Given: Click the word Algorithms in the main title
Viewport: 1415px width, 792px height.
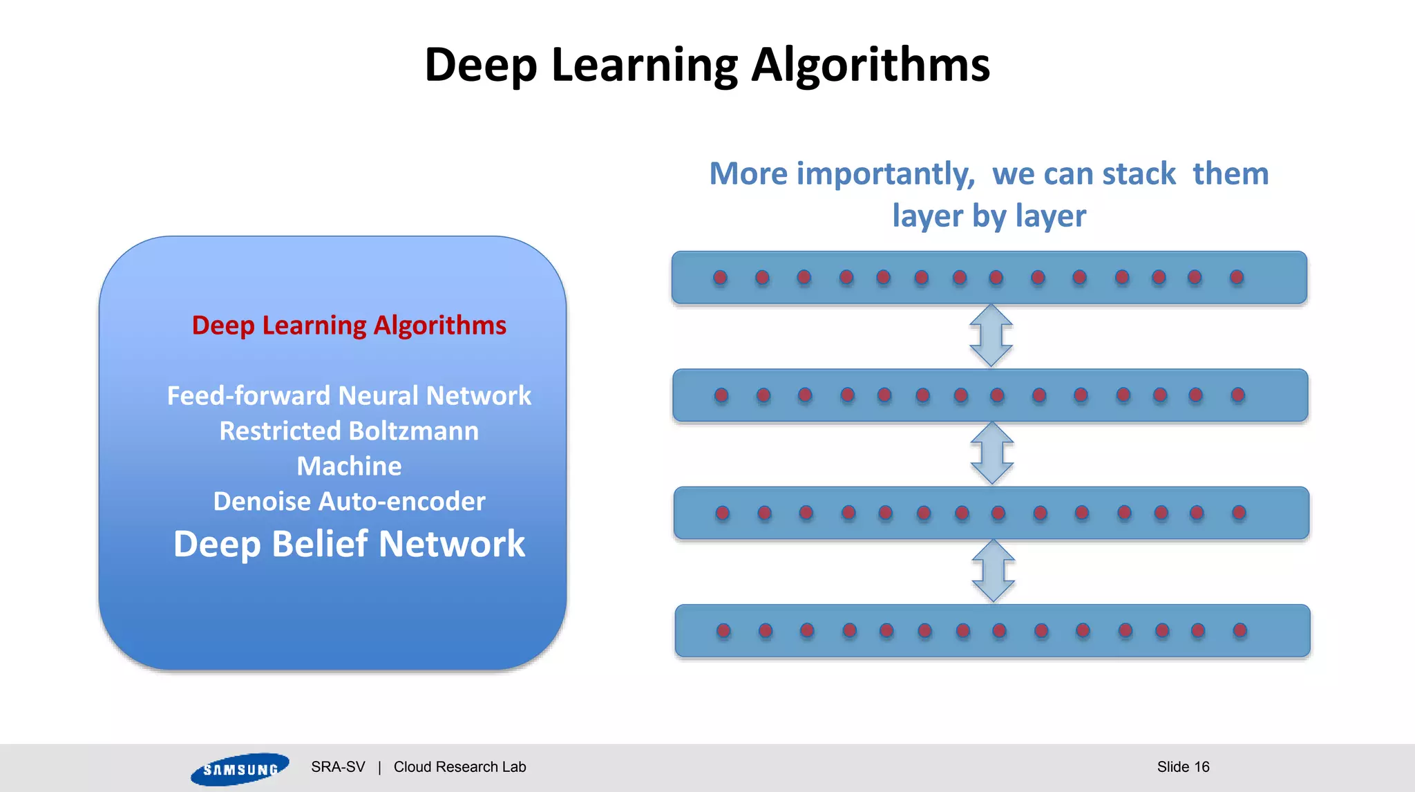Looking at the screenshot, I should tap(871, 66).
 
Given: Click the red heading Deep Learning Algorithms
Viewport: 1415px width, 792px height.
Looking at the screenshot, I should tap(349, 326).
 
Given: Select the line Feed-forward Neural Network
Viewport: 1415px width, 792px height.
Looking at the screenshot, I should tap(349, 396).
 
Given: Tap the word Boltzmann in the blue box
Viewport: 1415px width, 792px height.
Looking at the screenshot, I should tap(413, 431).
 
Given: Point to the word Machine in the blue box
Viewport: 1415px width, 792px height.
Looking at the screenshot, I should tap(349, 466).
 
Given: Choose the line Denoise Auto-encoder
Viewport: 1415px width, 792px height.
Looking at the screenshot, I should tap(349, 502).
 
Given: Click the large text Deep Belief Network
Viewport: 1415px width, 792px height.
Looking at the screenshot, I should tap(349, 544).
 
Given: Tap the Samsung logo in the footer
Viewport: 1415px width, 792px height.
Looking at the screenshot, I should tap(240, 769).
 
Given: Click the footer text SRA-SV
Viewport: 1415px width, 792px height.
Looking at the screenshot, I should tap(338, 767).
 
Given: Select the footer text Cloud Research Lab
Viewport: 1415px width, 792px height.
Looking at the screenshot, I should tap(459, 767).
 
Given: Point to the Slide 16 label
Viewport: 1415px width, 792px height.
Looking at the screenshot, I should tap(1183, 767).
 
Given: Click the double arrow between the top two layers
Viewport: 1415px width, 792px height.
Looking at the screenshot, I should tap(991, 336).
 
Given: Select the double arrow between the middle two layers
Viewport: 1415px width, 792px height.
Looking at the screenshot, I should tap(992, 453).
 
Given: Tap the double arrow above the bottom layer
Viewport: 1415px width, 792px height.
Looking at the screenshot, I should tap(994, 571).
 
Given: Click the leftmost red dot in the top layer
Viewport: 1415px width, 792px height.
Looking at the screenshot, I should tap(720, 278).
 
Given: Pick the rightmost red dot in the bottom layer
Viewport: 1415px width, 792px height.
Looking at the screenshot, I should tap(1240, 630).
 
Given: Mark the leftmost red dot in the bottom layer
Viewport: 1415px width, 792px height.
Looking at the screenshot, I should tap(723, 630).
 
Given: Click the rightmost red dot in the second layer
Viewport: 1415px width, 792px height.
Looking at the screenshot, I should tap(1238, 395).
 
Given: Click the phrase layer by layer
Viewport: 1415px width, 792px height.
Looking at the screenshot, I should tap(989, 216).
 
